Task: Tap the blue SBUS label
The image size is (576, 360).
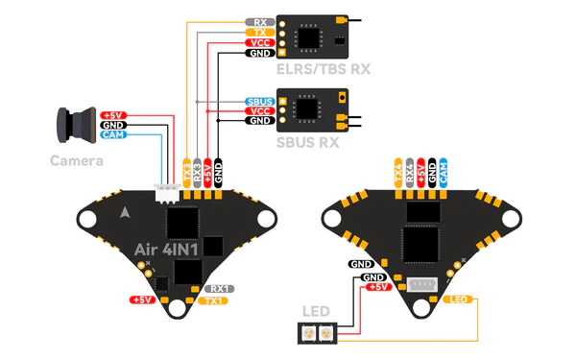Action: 259,101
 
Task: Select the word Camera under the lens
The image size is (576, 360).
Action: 76,160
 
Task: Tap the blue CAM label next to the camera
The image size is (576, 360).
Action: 112,135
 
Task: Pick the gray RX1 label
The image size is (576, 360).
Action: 221,287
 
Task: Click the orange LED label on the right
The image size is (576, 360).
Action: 460,300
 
